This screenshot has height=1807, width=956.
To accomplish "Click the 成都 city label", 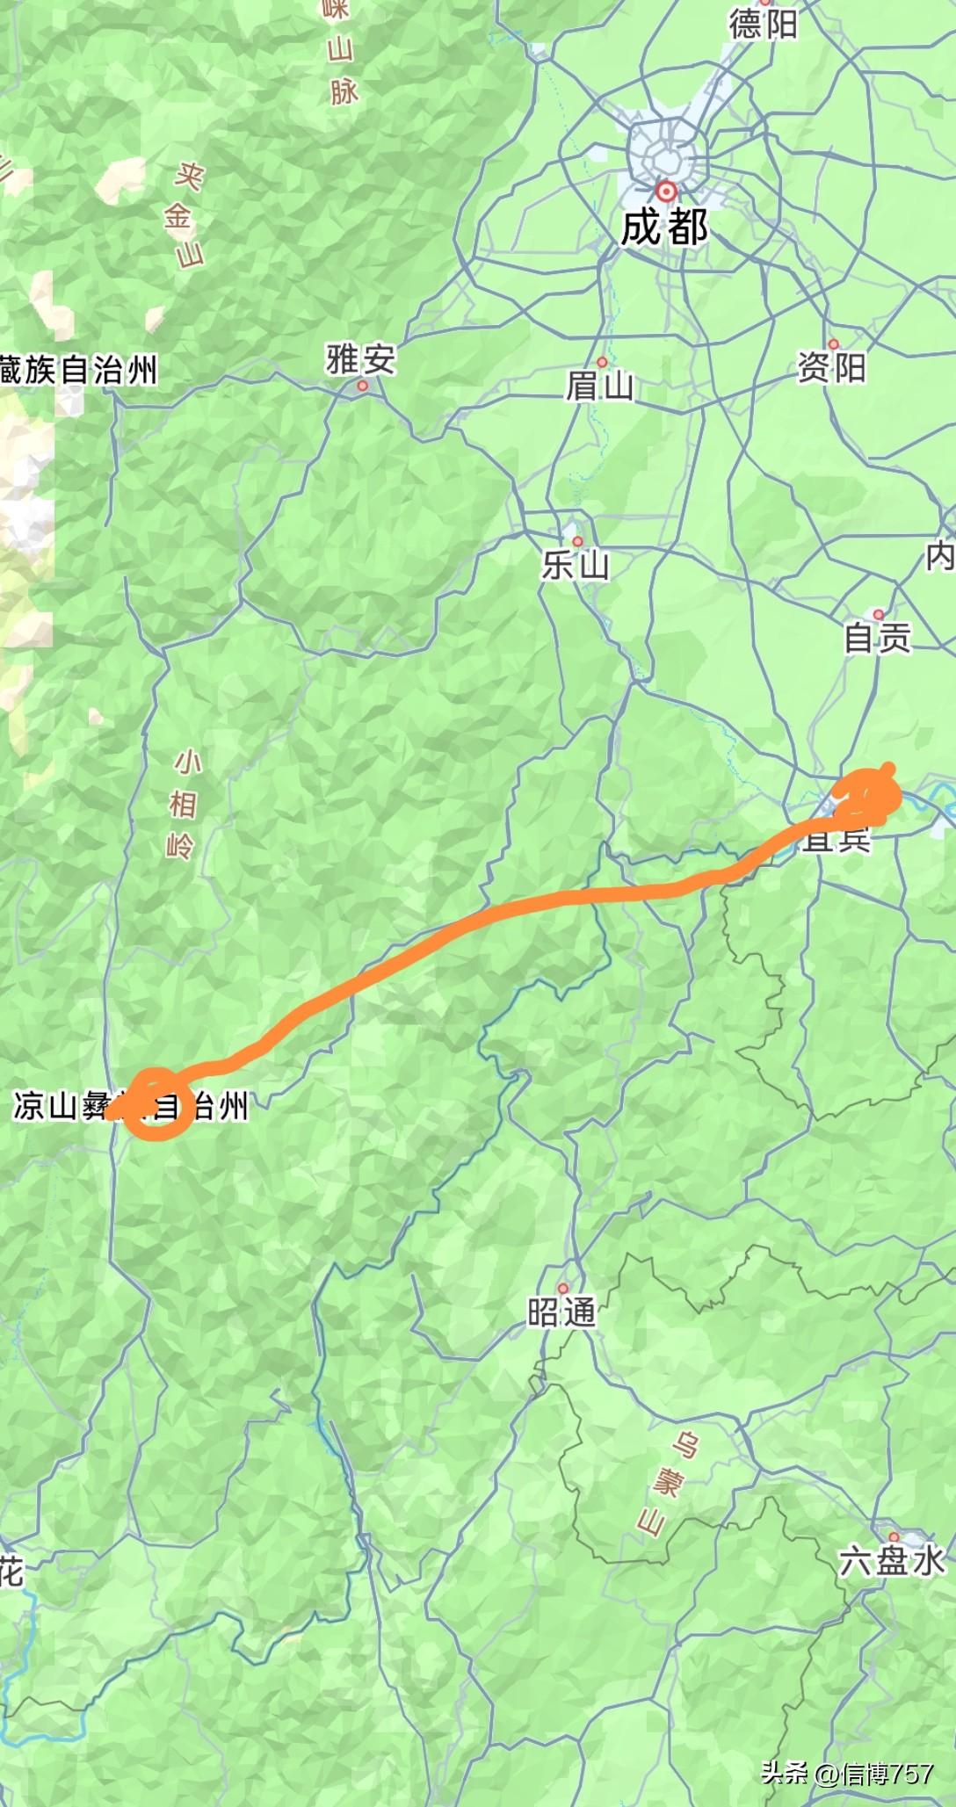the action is pos(664,227).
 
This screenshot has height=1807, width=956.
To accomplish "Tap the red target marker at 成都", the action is pos(667,191).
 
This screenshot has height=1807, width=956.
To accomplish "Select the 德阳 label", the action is pos(763,24).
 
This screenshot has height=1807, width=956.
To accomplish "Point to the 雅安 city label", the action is pos(360,358).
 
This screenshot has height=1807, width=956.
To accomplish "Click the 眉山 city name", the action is pos(599,386).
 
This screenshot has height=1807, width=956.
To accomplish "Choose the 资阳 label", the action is pos(831,366).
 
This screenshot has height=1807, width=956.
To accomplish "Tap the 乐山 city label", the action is pos(575,565).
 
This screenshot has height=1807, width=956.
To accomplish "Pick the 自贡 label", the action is pos(877,638).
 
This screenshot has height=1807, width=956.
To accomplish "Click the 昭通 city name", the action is pos(561,1312).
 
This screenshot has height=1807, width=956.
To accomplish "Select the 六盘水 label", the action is pos(892,1561).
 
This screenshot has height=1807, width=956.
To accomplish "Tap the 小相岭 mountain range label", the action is pos(182,804).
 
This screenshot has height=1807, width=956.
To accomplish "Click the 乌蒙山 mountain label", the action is pos(665,1484).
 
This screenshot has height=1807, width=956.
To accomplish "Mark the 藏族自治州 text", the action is pos(78,370).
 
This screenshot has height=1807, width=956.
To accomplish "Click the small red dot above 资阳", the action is pos(833,344).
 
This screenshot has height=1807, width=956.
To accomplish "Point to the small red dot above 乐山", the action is pos(577,541).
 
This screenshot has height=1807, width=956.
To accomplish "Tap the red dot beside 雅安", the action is pos(363,385).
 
